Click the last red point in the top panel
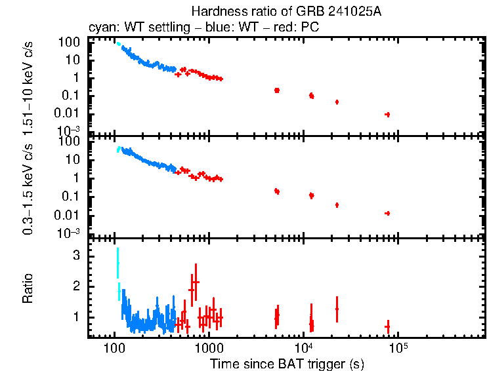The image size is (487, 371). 387,114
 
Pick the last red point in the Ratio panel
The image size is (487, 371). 387,326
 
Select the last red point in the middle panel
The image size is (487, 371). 387,213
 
